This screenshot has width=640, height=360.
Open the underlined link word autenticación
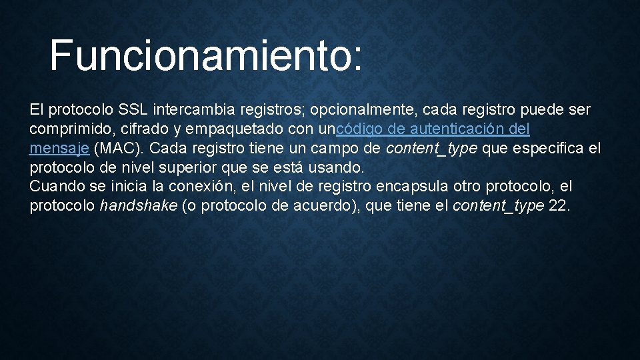tap(455, 128)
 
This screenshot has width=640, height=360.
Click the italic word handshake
tap(139, 205)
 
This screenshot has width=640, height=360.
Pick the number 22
tap(558, 205)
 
